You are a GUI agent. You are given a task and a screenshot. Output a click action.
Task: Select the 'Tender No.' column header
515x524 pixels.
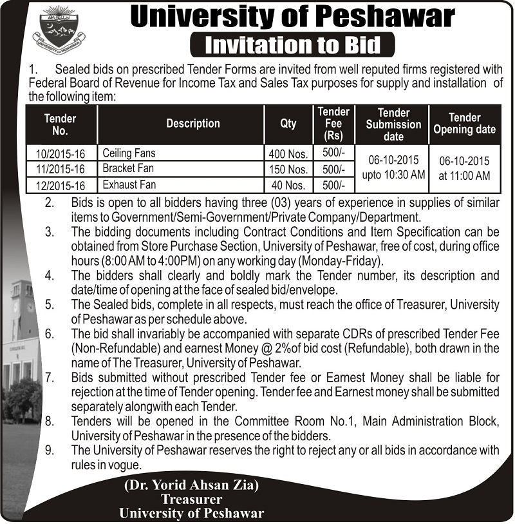(61, 124)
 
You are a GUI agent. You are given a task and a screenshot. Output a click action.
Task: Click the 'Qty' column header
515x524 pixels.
(288, 124)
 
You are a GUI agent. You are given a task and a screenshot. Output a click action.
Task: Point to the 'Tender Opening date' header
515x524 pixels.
(464, 124)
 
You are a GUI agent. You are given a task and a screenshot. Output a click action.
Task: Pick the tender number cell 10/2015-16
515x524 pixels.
(61, 154)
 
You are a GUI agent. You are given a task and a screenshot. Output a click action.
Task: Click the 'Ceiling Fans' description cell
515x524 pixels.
(129, 153)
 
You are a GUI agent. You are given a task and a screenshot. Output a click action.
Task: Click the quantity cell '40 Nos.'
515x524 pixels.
(290, 185)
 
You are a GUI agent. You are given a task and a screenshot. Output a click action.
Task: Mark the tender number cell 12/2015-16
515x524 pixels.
(61, 185)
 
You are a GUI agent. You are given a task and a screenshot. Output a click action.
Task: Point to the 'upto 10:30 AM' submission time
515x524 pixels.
(393, 175)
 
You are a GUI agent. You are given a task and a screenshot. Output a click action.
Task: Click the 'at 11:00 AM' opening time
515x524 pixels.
(464, 175)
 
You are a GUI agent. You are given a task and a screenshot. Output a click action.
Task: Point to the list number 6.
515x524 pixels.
(50, 334)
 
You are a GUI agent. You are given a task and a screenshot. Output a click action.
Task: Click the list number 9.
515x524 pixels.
(50, 450)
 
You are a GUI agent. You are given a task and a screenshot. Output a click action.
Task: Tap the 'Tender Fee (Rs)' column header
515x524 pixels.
(333, 124)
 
